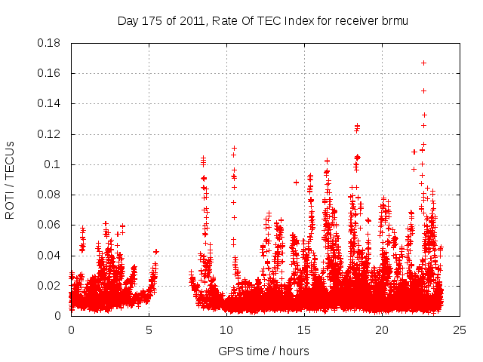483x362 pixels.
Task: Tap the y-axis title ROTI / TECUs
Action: (x=10, y=179)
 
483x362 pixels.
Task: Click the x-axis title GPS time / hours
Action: (x=263, y=351)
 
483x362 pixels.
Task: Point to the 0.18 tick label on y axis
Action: (x=50, y=43)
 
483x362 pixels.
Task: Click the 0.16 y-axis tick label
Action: (x=50, y=73)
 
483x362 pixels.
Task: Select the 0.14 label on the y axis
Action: (x=50, y=103)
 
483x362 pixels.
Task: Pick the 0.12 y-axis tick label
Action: (x=50, y=134)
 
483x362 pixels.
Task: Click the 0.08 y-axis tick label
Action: (x=50, y=195)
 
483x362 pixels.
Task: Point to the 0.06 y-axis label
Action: (x=50, y=225)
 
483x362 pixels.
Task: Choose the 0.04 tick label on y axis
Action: (x=50, y=256)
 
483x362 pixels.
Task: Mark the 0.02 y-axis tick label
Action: (x=50, y=286)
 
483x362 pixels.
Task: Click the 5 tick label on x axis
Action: (x=149, y=330)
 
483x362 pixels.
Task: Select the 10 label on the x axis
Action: (x=226, y=330)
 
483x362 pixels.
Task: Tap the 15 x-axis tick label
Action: (x=304, y=330)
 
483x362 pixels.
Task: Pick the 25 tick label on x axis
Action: (x=460, y=330)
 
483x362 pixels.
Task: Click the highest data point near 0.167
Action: (x=424, y=63)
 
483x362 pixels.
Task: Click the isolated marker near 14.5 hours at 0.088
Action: (x=296, y=182)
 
